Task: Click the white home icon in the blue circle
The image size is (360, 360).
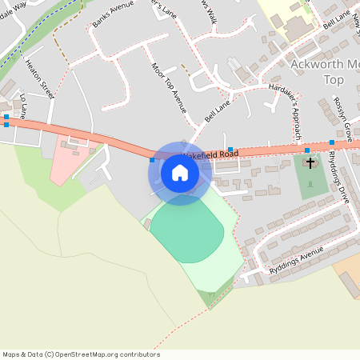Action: (x=180, y=173)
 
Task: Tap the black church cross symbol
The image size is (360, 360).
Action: (x=310, y=163)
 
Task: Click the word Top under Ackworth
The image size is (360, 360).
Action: (x=332, y=81)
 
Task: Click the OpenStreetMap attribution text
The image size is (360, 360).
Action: (x=81, y=354)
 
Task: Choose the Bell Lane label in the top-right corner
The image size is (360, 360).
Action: (x=336, y=21)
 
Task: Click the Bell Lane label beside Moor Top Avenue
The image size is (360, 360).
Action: (x=218, y=106)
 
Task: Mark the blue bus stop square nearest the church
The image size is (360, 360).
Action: (x=306, y=150)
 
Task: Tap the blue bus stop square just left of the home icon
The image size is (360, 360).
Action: (x=152, y=160)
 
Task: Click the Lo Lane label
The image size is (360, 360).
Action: (x=24, y=107)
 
